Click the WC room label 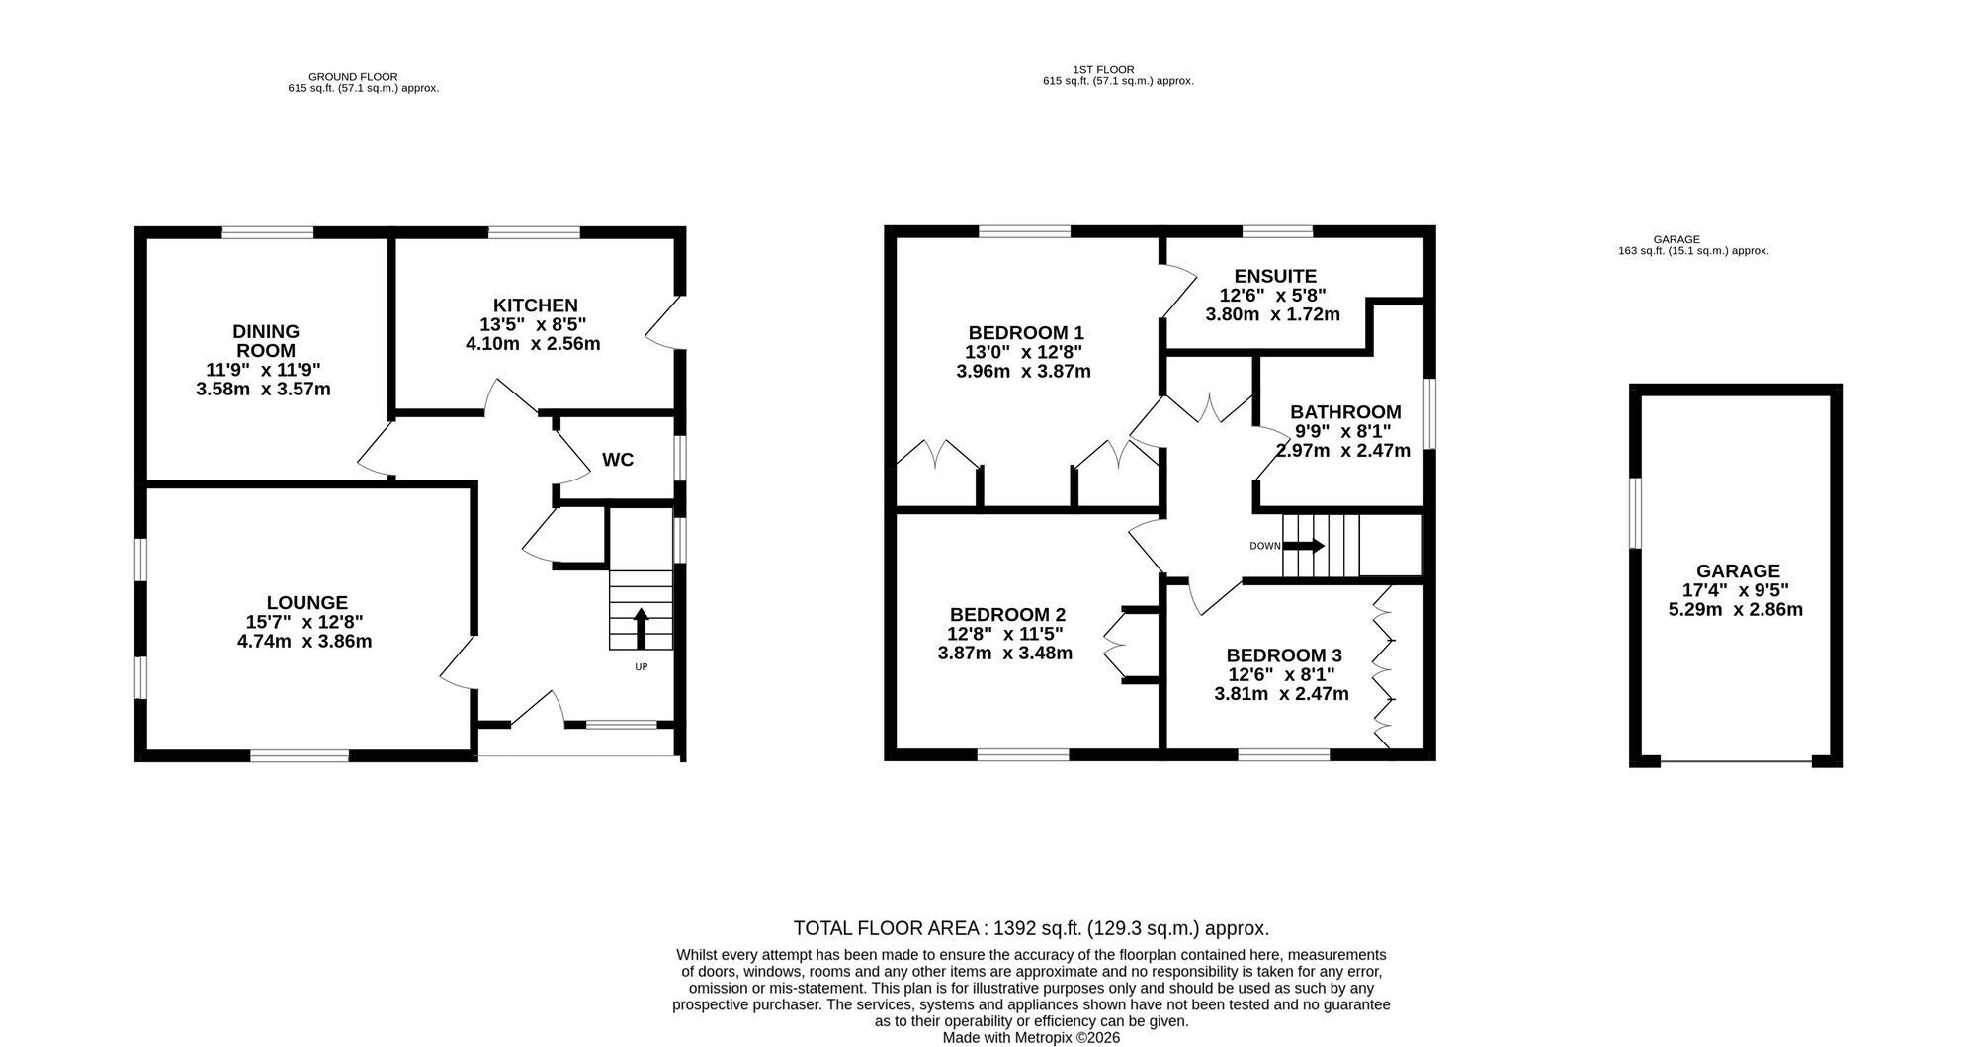pyautogui.click(x=618, y=460)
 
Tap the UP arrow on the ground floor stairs pyautogui.click(x=641, y=628)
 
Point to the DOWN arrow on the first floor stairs pyautogui.click(x=1304, y=546)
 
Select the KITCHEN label pyautogui.click(x=536, y=305)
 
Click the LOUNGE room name pyautogui.click(x=307, y=602)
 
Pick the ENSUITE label pyautogui.click(x=1275, y=276)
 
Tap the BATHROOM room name pyautogui.click(x=1345, y=412)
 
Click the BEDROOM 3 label pyautogui.click(x=1284, y=655)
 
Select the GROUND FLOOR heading pyautogui.click(x=353, y=76)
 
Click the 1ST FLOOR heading pyautogui.click(x=1103, y=69)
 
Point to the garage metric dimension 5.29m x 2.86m pyautogui.click(x=1736, y=609)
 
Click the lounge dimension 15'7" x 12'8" pyautogui.click(x=304, y=622)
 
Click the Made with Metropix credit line pyautogui.click(x=1031, y=1038)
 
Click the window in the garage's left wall pyautogui.click(x=1635, y=512)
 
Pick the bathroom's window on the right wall pyautogui.click(x=1429, y=414)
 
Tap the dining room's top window pyautogui.click(x=268, y=232)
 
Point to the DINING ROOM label pyautogui.click(x=266, y=341)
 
